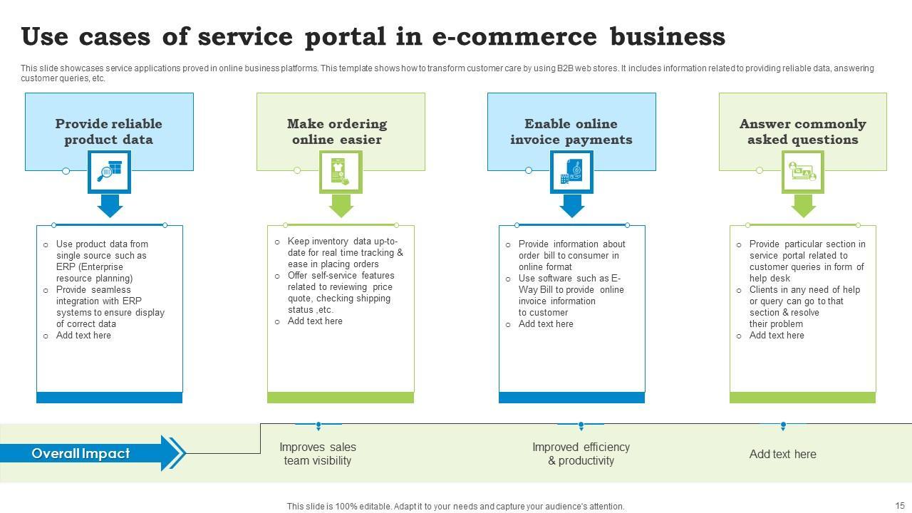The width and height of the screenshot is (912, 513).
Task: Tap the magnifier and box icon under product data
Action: [110, 172]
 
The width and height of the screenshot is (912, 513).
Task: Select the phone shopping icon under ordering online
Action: [341, 172]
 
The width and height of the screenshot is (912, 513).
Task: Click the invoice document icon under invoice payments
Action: [571, 172]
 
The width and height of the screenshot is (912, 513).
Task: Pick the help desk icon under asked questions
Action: [802, 172]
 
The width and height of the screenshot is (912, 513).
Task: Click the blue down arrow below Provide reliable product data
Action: [110, 206]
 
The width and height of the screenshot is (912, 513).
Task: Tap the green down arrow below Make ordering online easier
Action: [341, 206]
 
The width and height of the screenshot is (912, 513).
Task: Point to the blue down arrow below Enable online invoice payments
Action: [572, 206]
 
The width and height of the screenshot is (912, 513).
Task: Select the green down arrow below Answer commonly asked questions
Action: [803, 206]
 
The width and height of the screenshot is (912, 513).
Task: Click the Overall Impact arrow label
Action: [81, 454]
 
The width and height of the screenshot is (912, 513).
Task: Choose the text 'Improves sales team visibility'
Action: [318, 454]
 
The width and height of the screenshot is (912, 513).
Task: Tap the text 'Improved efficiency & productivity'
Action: [581, 454]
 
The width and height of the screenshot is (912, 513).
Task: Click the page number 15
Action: [900, 505]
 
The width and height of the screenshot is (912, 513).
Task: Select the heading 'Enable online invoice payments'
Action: [571, 132]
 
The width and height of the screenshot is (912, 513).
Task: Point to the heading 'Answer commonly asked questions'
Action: [803, 132]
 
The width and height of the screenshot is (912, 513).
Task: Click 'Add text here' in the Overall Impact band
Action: [783, 454]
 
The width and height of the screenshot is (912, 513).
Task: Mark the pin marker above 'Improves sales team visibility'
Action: [318, 426]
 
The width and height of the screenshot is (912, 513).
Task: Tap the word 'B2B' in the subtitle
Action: [565, 68]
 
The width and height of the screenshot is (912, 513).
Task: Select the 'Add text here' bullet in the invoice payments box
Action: [546, 324]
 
